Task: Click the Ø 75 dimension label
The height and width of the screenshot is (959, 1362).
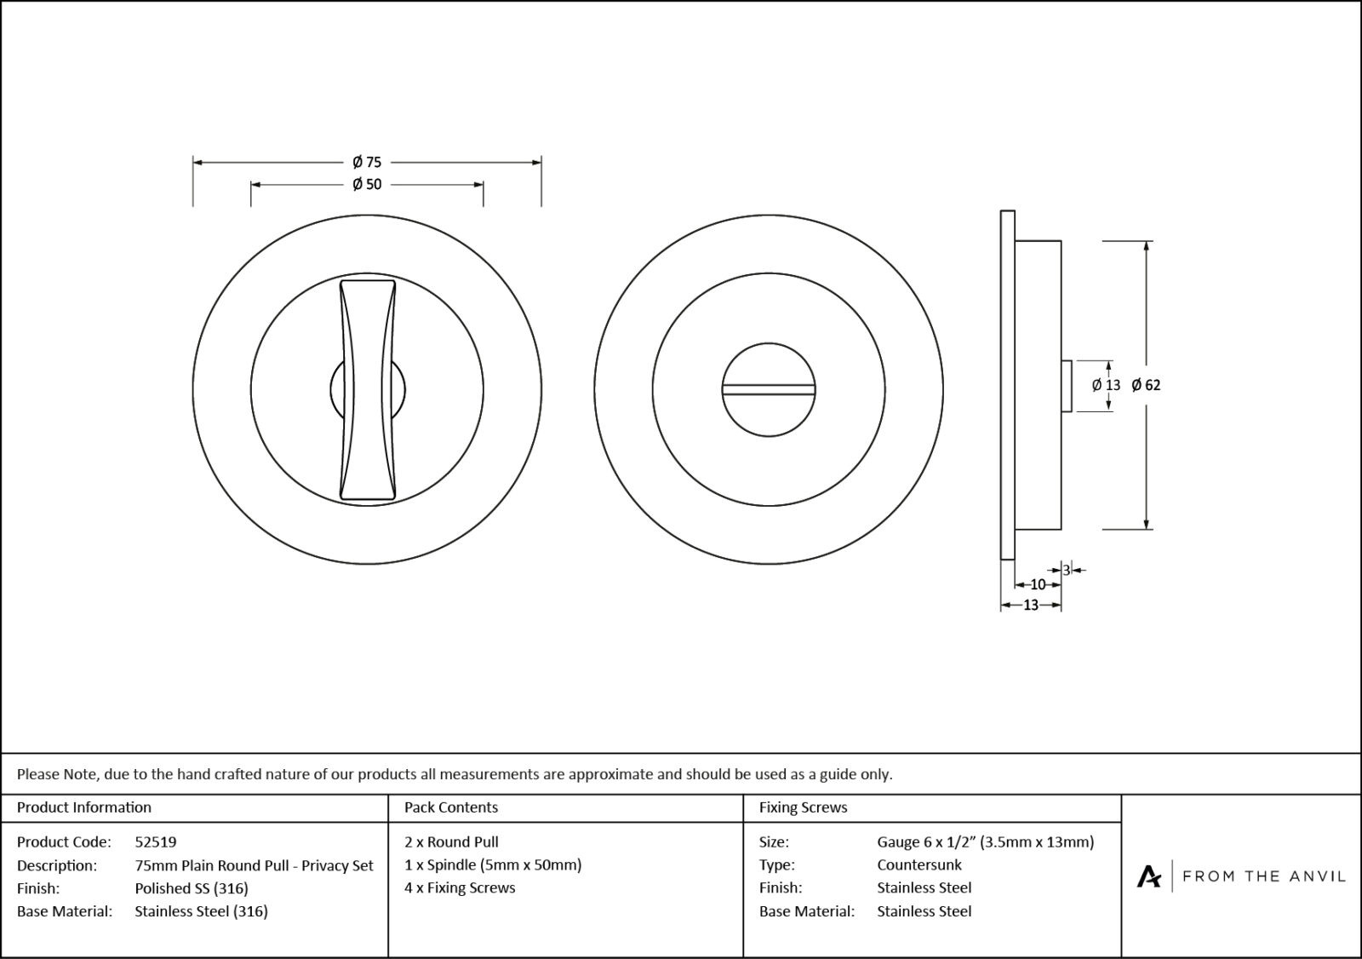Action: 367,162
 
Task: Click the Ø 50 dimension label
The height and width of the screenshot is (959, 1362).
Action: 367,184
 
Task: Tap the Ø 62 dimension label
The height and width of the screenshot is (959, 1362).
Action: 1146,385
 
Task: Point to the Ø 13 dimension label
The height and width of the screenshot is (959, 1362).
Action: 1107,385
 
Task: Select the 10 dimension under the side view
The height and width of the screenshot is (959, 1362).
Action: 1038,585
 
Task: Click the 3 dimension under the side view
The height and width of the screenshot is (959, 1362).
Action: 1066,570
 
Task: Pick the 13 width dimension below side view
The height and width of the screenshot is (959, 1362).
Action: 1030,606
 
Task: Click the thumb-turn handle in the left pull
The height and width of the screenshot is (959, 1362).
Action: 368,388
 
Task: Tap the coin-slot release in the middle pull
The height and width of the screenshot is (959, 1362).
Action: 769,389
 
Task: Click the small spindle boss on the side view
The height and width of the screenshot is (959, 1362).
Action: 1066,386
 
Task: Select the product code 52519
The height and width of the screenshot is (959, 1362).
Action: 156,841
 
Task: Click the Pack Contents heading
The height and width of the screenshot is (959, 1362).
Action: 451,807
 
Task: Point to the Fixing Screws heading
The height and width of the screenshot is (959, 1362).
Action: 803,807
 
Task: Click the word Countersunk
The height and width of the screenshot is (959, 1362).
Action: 919,864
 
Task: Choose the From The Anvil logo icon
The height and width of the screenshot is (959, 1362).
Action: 1149,876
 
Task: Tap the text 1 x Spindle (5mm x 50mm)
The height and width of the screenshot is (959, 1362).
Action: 493,864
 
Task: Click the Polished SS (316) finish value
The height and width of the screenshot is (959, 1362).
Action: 192,888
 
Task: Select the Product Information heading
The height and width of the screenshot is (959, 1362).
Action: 84,807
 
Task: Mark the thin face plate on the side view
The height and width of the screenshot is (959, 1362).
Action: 1007,385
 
